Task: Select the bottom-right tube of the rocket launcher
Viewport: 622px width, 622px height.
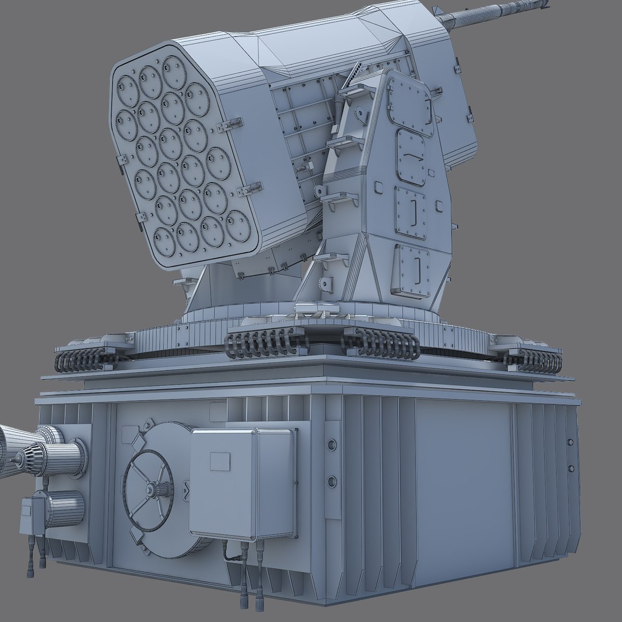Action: [x=238, y=226]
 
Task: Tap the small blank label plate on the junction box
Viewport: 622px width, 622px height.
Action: [x=220, y=461]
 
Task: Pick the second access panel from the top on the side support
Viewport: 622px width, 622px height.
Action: [x=411, y=157]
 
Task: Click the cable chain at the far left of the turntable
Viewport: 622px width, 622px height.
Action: [x=86, y=359]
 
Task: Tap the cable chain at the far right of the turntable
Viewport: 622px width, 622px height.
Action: [x=533, y=360]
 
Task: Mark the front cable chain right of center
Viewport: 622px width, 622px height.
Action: [x=381, y=344]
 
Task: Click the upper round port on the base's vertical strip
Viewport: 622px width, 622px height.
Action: [x=332, y=445]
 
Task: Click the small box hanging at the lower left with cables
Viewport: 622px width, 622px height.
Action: [x=32, y=515]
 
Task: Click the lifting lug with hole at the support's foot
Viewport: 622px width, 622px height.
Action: [x=327, y=284]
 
